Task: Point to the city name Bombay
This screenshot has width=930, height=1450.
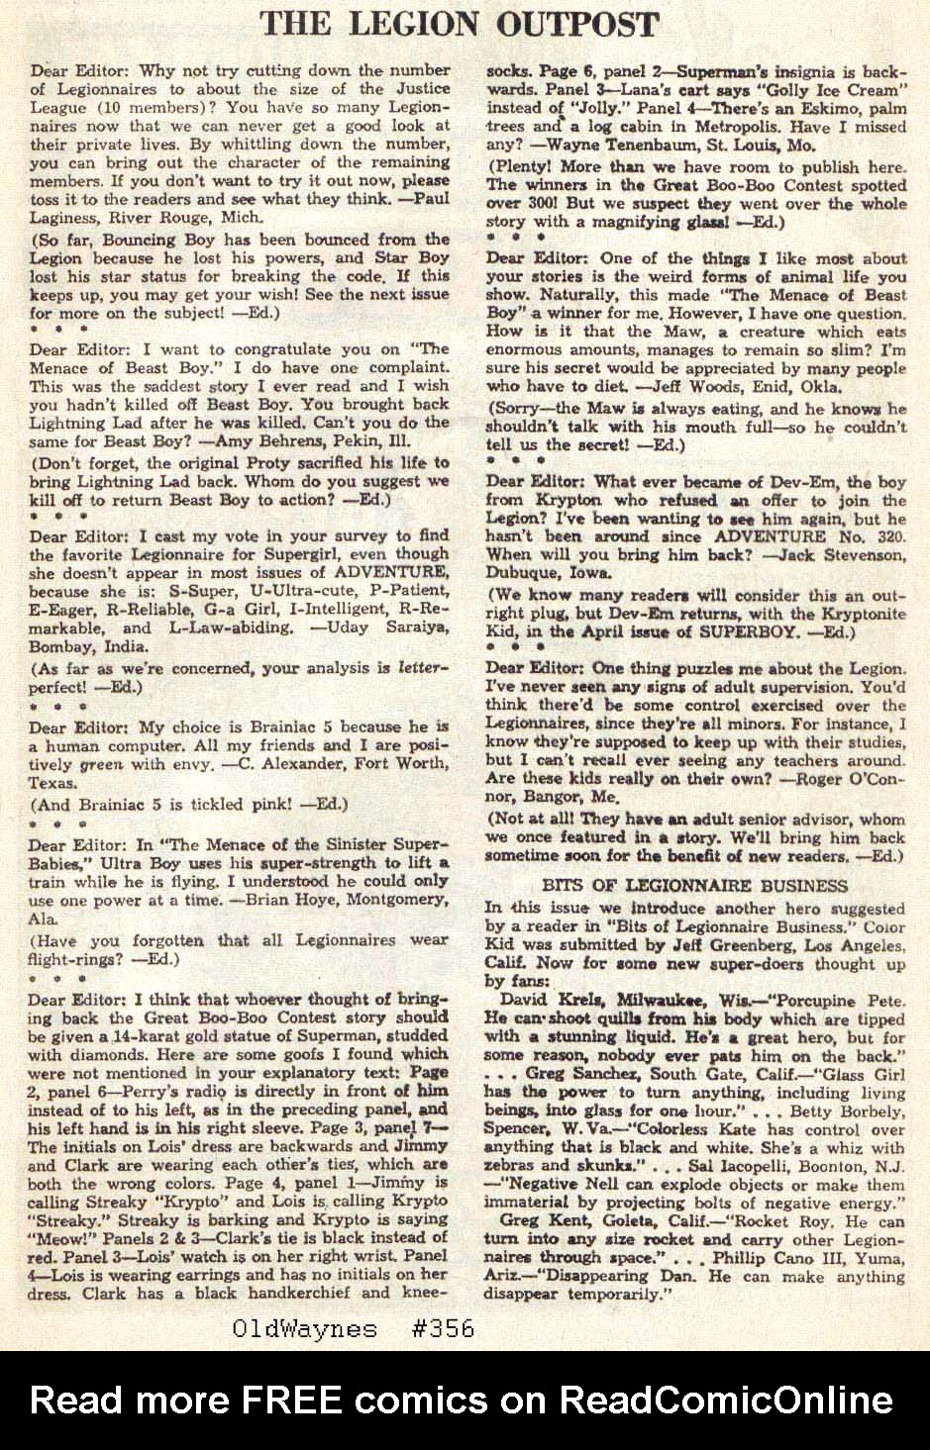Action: pos(61,647)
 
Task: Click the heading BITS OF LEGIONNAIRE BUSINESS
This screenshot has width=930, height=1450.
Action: pos(695,885)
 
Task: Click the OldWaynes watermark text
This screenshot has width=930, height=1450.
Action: pos(304,1328)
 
